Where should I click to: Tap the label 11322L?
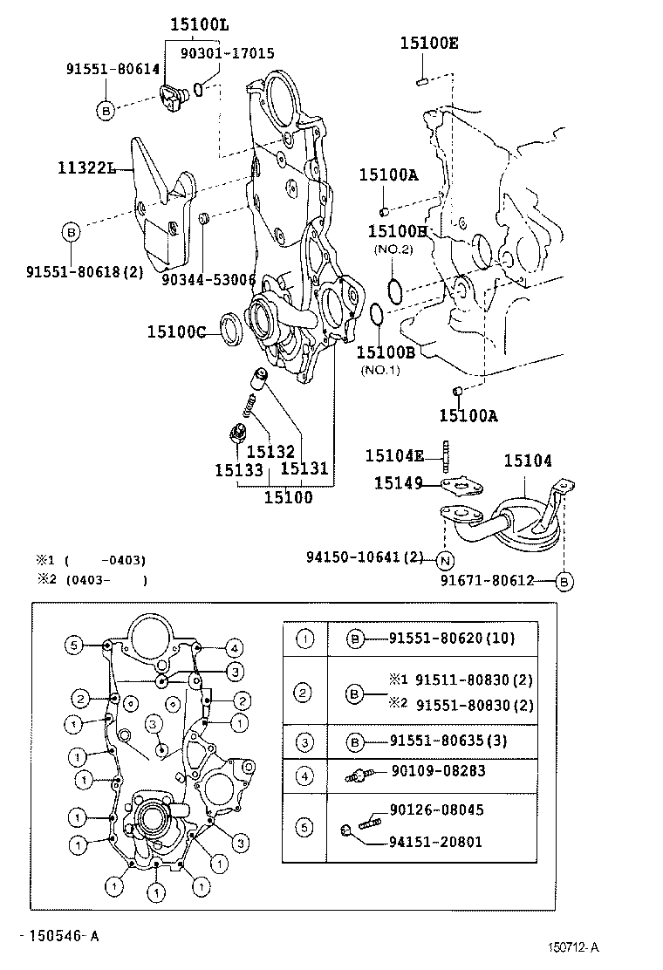tap(88, 167)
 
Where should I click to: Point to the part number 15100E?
tap(428, 43)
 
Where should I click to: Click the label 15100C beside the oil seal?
tap(176, 331)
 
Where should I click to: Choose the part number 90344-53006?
tap(208, 279)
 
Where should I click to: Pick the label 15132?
tap(270, 451)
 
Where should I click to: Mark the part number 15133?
tap(239, 469)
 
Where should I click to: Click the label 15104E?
tap(394, 455)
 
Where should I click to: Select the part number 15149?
tap(399, 482)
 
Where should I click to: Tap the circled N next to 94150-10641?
tap(445, 559)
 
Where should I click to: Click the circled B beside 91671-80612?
tap(564, 580)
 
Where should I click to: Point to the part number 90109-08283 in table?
tap(439, 771)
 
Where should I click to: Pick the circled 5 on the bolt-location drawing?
tap(76, 646)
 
